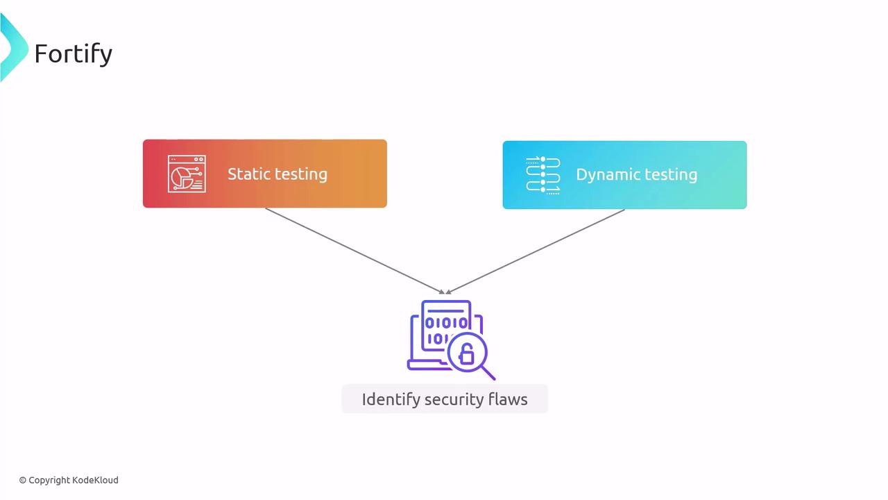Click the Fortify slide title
pyautogui.click(x=73, y=53)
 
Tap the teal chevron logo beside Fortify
pyautogui.click(x=12, y=47)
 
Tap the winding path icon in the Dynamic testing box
pyautogui.click(x=543, y=175)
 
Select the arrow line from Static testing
pyautogui.click(x=354, y=250)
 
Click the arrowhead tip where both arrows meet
pyautogui.click(x=445, y=292)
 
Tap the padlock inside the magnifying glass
pyautogui.click(x=467, y=355)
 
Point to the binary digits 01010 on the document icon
pyautogui.click(x=446, y=323)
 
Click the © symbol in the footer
pyautogui.click(x=23, y=480)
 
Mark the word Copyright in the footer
pyautogui.click(x=49, y=480)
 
